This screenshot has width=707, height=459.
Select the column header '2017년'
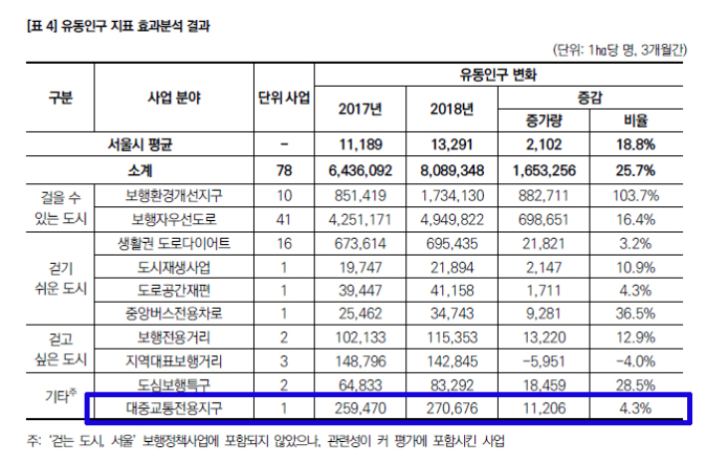click(x=360, y=110)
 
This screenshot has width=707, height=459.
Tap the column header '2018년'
click(x=453, y=110)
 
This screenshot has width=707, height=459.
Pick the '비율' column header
click(x=636, y=121)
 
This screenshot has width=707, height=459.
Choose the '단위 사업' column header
click(x=283, y=98)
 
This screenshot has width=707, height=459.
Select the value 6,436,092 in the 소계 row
click(x=357, y=171)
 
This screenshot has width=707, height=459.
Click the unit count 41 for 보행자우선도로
click(x=284, y=218)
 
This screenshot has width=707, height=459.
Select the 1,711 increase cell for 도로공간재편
click(x=547, y=290)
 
